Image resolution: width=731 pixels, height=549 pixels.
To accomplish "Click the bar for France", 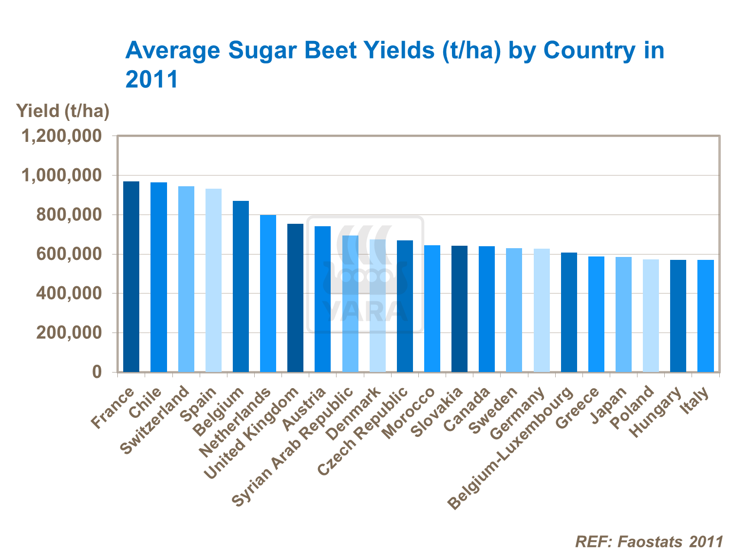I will (131, 276).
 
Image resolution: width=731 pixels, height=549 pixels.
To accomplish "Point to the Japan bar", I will (623, 314).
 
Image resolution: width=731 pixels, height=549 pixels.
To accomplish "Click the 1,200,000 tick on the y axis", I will (62, 136).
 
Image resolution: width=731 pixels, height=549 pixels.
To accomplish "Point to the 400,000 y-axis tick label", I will (69, 294).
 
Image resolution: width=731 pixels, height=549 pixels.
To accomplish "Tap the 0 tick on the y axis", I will (97, 373).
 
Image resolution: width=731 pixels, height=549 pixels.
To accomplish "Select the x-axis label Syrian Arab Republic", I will (292, 448).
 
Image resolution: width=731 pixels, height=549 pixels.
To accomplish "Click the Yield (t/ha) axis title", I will (63, 111).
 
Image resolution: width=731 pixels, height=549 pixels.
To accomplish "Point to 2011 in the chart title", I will (152, 79).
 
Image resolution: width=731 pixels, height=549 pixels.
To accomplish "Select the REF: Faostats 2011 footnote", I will (649, 541).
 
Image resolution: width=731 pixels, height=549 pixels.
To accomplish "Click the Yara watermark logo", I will (365, 274).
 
